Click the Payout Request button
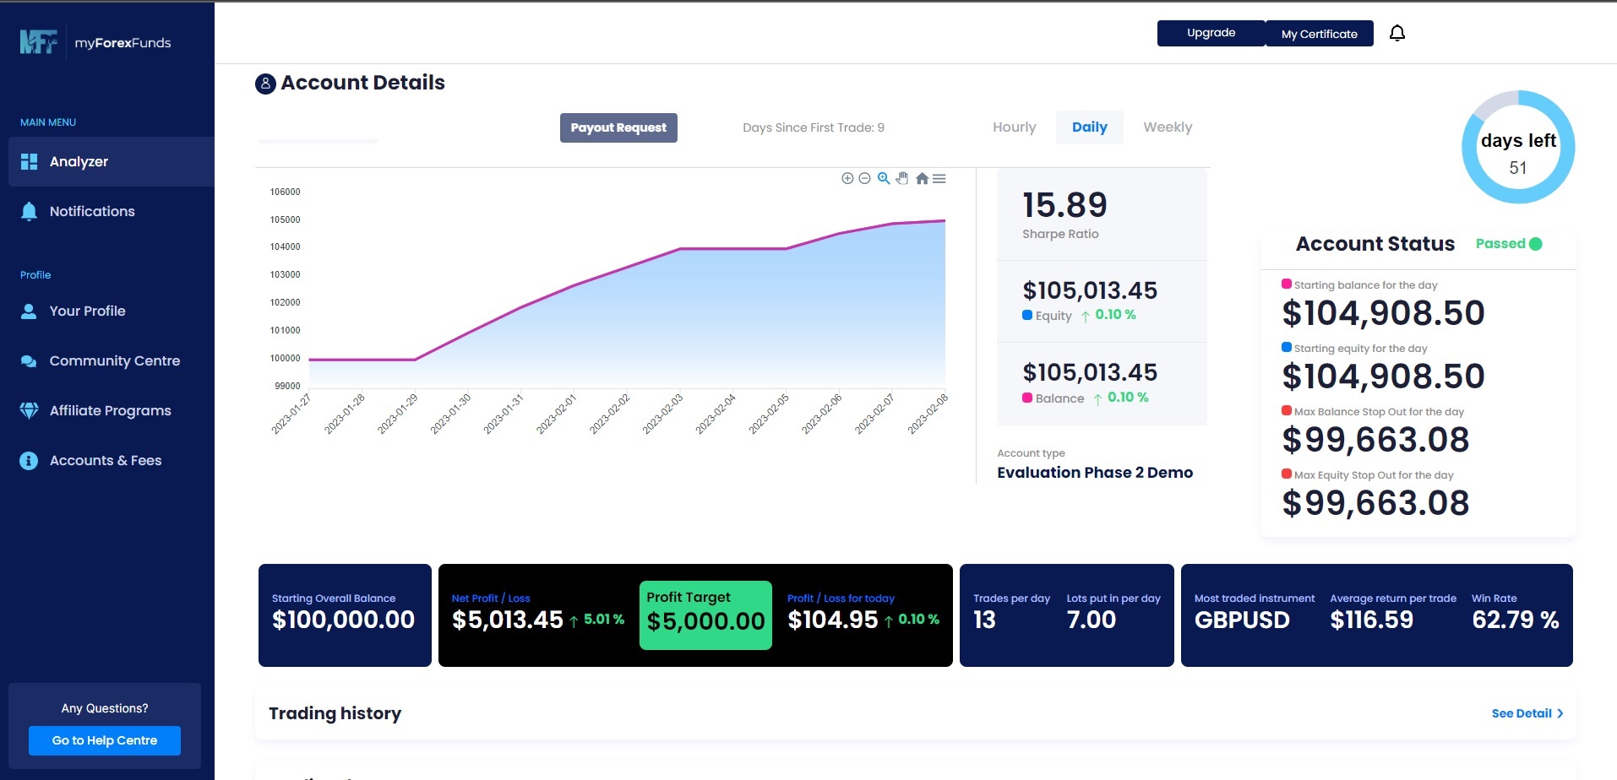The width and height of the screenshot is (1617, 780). pyautogui.click(x=618, y=127)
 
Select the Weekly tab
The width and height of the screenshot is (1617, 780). pyautogui.click(x=1168, y=127)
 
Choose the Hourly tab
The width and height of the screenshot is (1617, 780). pyautogui.click(x=1014, y=127)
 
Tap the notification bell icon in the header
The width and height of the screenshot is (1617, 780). pyautogui.click(x=1397, y=33)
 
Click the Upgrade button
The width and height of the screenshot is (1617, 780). pyautogui.click(x=1211, y=33)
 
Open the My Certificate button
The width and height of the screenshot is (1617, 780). pyautogui.click(x=1319, y=34)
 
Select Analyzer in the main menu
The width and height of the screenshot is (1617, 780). pyautogui.click(x=79, y=161)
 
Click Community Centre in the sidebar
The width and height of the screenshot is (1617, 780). pyautogui.click(x=114, y=360)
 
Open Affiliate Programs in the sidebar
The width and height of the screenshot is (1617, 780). pyautogui.click(x=110, y=410)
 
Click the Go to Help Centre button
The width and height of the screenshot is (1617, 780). pyautogui.click(x=105, y=740)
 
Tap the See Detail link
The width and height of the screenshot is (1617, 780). pyautogui.click(x=1527, y=713)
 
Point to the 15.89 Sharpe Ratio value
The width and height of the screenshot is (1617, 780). pyautogui.click(x=1064, y=205)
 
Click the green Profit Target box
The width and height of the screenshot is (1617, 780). pyautogui.click(x=705, y=615)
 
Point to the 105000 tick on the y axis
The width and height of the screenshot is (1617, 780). pyautogui.click(x=285, y=219)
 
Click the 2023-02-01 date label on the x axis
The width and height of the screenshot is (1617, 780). pyautogui.click(x=558, y=413)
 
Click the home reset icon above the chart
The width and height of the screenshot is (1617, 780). pyautogui.click(x=922, y=178)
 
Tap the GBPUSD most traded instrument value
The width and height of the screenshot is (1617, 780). pyautogui.click(x=1242, y=620)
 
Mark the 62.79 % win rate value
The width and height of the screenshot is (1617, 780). pyautogui.click(x=1516, y=620)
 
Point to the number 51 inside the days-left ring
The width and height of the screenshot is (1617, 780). pyautogui.click(x=1518, y=167)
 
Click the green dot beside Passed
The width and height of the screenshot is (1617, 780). pyautogui.click(x=1536, y=244)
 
